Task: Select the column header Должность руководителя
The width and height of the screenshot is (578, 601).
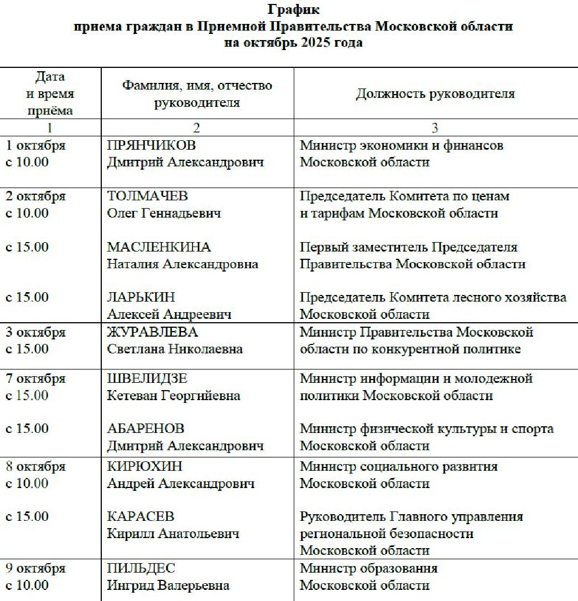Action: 435,93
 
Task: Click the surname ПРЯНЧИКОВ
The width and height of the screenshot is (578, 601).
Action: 151,146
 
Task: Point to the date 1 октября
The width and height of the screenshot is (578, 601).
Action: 36,146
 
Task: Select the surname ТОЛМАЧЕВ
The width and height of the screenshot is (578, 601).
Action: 147,196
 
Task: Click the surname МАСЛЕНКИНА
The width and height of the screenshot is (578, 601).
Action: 159,247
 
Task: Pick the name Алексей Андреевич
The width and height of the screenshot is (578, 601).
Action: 169,314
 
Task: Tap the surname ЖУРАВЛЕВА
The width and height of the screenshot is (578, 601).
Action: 152,332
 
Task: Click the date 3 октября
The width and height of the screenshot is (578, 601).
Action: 36,332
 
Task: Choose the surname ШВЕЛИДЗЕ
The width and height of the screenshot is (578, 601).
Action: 147,378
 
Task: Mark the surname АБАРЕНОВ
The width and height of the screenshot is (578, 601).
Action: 146,428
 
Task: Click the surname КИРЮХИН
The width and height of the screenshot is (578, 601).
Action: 145,466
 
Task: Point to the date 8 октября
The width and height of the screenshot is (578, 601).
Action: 36,466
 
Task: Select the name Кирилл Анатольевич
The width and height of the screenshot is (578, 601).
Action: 173,534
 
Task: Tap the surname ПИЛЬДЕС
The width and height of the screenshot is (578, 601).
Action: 141,568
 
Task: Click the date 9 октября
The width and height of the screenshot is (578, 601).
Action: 36,568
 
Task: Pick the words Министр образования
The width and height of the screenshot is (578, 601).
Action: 368,568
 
